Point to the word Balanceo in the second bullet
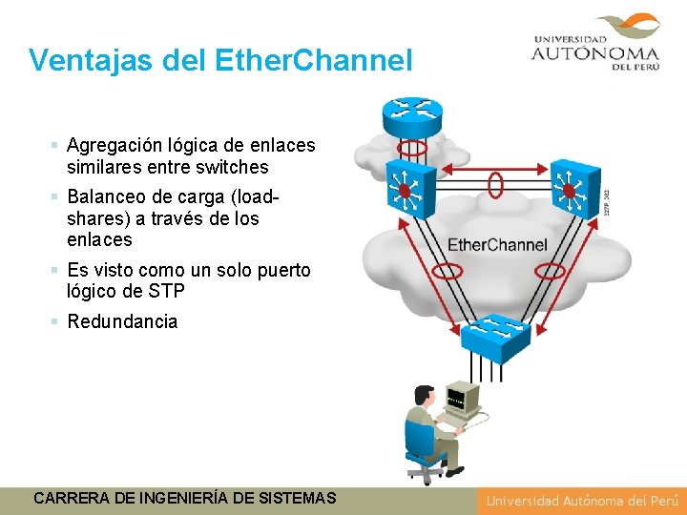point(104,197)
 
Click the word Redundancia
point(122,321)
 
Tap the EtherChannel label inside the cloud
point(497,245)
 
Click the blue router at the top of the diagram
point(412,116)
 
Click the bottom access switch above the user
point(494,336)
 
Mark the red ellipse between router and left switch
point(412,149)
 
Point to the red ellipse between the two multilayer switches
point(495,184)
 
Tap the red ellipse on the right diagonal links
point(551,272)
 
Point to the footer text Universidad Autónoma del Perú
point(581,501)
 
